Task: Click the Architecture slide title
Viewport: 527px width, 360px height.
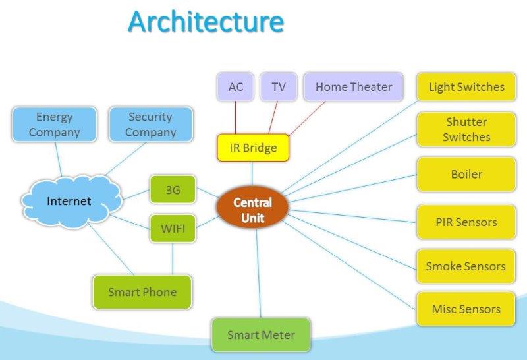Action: coord(206,21)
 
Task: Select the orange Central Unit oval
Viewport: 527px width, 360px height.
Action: coord(252,209)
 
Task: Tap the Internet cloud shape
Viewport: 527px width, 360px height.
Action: coord(69,200)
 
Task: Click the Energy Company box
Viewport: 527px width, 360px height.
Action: coord(54,125)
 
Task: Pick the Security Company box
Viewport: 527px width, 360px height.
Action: coord(151,125)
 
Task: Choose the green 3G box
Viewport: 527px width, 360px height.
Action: coord(173,190)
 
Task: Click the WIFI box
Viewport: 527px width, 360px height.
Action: coord(173,229)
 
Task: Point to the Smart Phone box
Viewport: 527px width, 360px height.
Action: coord(142,292)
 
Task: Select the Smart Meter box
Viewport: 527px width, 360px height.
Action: coord(261,335)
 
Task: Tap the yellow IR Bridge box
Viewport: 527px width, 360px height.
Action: coord(253,148)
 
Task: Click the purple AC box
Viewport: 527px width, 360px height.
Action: coord(235,87)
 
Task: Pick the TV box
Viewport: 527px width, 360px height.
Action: coord(279,87)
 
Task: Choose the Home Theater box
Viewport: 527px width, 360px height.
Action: coord(353,87)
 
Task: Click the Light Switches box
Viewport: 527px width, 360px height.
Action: coord(466,87)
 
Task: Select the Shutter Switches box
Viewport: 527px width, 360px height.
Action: coord(466,130)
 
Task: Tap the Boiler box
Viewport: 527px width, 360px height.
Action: coord(466,175)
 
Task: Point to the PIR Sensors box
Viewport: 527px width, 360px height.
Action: coord(466,222)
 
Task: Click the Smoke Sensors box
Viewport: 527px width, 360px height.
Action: coord(466,266)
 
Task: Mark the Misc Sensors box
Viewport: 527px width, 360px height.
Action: coord(466,309)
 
